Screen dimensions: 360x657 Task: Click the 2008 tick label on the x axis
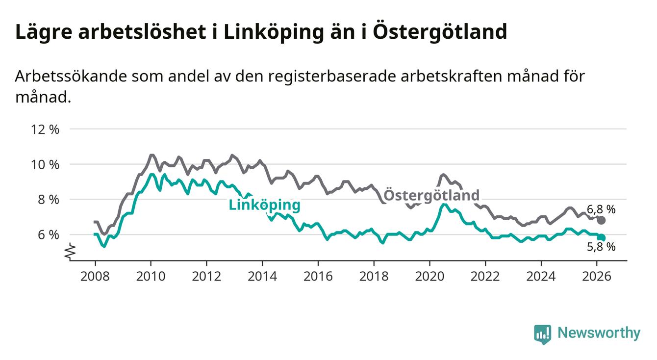point(95,276)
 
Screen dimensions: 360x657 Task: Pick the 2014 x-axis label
point(262,276)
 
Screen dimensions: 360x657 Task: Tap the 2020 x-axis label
point(430,276)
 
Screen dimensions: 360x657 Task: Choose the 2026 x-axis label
point(597,276)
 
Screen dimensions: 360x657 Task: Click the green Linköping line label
point(264,205)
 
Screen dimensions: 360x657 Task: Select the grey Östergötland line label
point(431,195)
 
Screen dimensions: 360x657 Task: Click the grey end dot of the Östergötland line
point(602,220)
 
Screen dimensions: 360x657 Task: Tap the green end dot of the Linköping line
point(602,238)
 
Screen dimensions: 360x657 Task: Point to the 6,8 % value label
point(601,209)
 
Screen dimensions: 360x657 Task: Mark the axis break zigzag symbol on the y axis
point(70,252)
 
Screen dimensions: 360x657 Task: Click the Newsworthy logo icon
point(542,334)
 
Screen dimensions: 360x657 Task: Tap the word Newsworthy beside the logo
point(599,334)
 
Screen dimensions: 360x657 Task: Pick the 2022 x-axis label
point(485,276)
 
